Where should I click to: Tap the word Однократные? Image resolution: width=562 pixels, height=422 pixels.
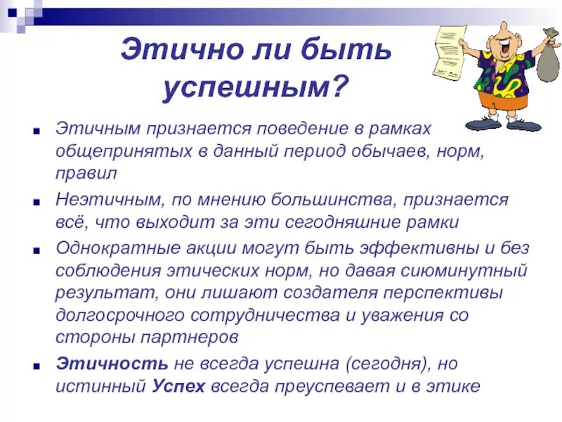click(x=119, y=248)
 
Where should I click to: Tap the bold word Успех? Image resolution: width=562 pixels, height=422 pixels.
click(x=179, y=385)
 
